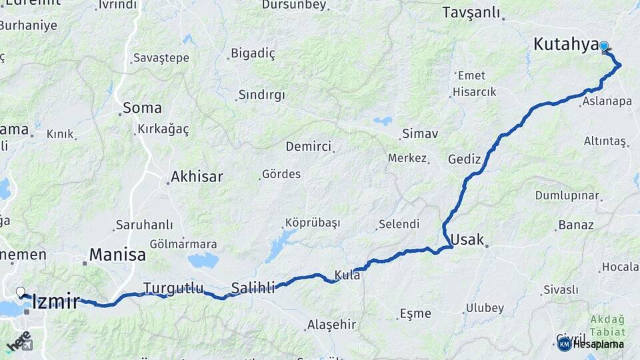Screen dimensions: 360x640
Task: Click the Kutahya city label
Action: click(x=565, y=45)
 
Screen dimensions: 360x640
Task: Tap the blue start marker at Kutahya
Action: click(x=604, y=46)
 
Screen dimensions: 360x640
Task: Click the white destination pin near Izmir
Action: click(x=21, y=292)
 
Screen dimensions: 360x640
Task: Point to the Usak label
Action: click(x=467, y=239)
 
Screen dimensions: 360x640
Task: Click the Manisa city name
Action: click(x=117, y=254)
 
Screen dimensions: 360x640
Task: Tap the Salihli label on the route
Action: click(x=253, y=288)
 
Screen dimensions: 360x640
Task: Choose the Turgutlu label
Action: click(x=173, y=288)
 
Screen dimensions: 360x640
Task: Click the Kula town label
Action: click(x=347, y=274)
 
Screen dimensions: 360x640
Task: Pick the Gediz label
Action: click(x=464, y=159)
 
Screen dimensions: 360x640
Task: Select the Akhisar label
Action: click(x=197, y=177)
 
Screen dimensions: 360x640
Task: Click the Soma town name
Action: click(x=142, y=107)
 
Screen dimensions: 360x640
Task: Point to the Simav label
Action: click(x=419, y=133)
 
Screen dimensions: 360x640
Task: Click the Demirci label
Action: click(x=308, y=147)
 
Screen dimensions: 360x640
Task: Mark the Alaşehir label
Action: click(x=331, y=325)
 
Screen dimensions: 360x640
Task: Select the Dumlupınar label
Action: click(x=567, y=195)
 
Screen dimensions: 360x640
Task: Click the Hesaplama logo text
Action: click(x=598, y=344)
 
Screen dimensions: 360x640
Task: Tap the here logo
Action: click(x=19, y=340)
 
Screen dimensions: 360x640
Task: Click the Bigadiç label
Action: click(x=253, y=53)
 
